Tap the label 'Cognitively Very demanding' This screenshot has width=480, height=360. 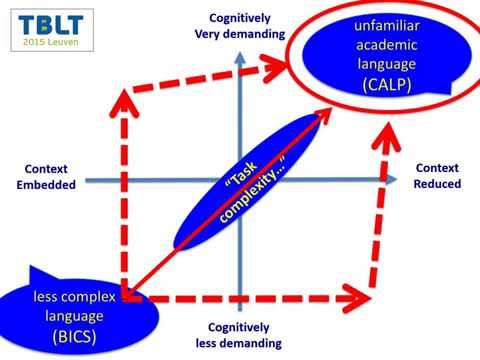pos(238,25)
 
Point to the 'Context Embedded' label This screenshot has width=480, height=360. pos(49,177)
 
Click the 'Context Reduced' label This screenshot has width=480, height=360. pos(437,177)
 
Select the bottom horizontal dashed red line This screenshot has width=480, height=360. pos(250,298)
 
